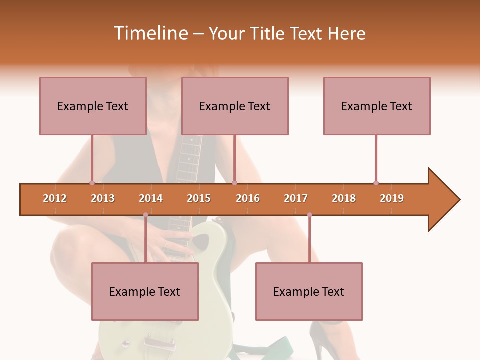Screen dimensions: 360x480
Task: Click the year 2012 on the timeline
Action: click(55, 198)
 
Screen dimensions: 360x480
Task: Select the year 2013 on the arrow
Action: click(103, 198)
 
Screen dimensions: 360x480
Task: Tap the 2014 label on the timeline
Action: click(151, 198)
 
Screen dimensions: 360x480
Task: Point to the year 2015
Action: click(199, 198)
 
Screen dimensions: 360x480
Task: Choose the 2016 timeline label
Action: click(248, 198)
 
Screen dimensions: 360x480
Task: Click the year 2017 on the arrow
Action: click(296, 198)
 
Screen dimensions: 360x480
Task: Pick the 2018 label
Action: click(344, 198)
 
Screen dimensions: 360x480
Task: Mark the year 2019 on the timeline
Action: click(392, 198)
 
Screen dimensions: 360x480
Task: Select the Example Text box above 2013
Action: click(93, 106)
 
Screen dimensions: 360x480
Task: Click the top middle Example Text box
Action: click(235, 106)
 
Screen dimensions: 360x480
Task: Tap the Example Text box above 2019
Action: click(377, 106)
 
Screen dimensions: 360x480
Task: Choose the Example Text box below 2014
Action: click(145, 291)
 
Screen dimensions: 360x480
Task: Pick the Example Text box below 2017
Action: click(309, 291)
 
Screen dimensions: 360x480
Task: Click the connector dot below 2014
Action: click(145, 215)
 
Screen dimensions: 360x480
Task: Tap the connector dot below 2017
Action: click(309, 215)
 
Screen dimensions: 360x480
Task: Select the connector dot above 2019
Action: click(376, 183)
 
